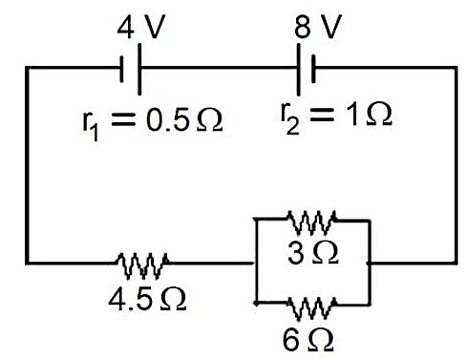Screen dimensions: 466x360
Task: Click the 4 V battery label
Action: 140,28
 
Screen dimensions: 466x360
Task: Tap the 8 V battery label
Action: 318,27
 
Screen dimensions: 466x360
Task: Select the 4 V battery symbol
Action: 131,69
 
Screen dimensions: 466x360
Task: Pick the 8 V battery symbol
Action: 306,70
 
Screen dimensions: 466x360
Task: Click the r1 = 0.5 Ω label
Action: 153,122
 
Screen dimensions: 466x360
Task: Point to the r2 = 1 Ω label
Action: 336,116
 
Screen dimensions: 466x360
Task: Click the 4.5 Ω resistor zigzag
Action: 142,265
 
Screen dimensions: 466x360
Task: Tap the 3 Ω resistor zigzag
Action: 311,222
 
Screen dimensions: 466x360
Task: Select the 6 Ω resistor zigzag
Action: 311,307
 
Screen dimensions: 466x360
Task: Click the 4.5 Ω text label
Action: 147,299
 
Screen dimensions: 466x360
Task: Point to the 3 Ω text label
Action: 313,253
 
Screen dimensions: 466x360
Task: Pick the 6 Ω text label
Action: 307,340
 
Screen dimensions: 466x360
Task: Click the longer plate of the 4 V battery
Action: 139,69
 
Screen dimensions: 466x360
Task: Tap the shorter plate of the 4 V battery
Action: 121,70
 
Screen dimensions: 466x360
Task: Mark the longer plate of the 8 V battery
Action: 298,70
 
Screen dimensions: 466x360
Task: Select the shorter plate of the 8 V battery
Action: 314,69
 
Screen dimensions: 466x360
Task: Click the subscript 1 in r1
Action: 94,132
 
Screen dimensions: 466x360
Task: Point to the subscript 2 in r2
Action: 292,126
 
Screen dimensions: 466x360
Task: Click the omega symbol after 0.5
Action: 210,121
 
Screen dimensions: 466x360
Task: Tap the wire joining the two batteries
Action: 219,68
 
